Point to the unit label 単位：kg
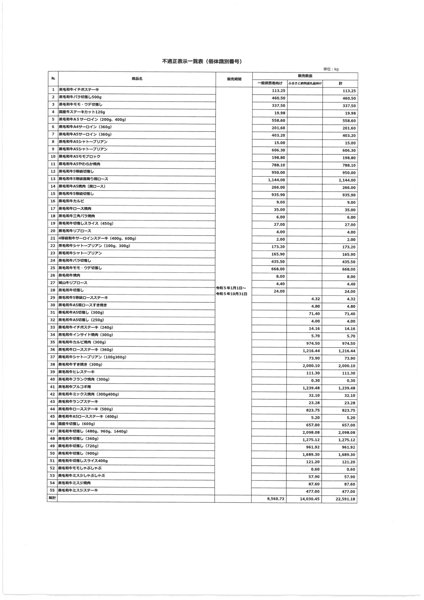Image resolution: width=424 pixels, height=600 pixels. [x=331, y=69]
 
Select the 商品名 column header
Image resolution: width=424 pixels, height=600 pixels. [x=137, y=79]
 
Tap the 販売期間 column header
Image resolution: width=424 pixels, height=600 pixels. [x=234, y=79]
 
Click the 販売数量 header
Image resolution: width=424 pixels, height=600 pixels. [x=305, y=76]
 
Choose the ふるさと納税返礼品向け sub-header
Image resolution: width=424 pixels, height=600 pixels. [x=305, y=83]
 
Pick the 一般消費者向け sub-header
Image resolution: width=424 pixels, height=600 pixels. [x=270, y=83]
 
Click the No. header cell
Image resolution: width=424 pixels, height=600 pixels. [x=53, y=79]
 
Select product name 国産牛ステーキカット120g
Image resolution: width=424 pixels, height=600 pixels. [x=82, y=112]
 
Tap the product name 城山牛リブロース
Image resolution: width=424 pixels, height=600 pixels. [x=73, y=283]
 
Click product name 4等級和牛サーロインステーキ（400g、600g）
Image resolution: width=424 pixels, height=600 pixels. [x=97, y=238]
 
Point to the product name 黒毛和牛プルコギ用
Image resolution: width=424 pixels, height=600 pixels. [x=75, y=387]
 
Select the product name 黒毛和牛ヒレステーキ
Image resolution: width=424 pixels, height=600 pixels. [x=77, y=372]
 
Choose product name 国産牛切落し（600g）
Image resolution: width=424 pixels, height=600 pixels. [x=77, y=424]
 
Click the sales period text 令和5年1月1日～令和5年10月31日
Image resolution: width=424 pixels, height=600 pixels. [x=231, y=291]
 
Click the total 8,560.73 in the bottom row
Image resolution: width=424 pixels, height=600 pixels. [x=276, y=499]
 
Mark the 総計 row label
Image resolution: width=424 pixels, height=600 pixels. [x=52, y=498]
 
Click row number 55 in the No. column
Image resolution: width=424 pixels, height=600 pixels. [x=53, y=490]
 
